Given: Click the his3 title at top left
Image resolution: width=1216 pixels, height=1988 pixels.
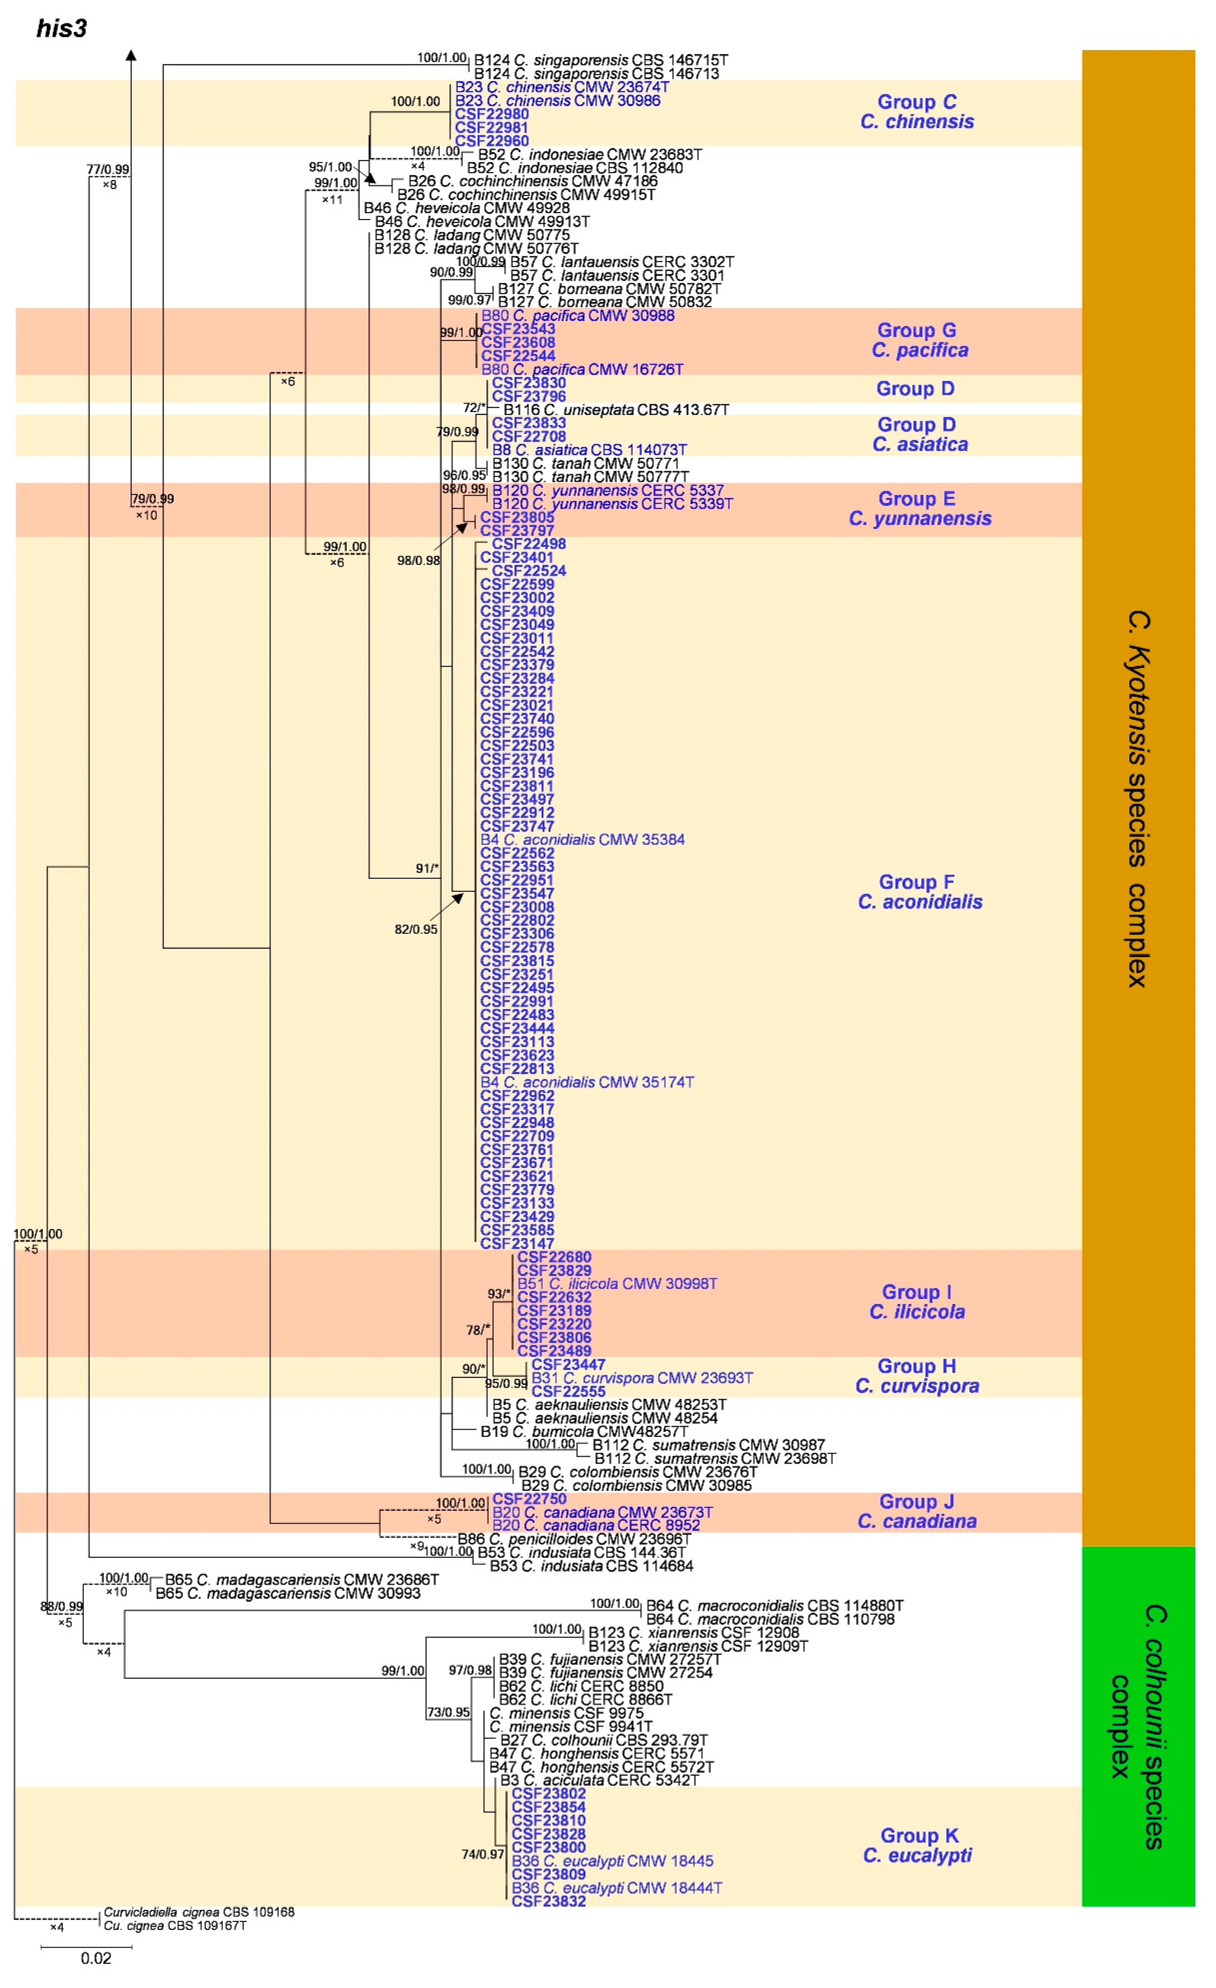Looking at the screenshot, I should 61,29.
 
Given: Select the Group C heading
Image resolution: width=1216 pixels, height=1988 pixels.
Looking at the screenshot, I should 917,103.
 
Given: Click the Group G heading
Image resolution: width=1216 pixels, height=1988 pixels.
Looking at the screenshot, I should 917,331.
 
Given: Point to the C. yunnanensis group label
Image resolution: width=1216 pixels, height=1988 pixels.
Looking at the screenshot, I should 920,519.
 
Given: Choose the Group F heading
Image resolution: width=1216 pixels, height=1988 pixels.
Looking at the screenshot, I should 917,883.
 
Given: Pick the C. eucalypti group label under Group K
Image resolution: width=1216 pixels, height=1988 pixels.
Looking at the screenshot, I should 917,1856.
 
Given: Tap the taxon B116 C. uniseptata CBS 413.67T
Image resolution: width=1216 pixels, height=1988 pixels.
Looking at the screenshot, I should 616,410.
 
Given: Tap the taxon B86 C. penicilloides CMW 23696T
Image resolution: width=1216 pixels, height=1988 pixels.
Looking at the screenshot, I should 574,1540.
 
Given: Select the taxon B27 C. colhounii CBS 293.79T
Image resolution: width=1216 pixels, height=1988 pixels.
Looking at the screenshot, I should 604,1740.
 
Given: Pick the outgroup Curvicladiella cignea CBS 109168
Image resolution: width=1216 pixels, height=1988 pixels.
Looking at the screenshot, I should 199,1912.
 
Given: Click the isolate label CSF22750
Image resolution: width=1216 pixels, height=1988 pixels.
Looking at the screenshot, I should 529,1499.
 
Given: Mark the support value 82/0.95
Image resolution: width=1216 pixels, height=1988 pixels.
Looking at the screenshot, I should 416,929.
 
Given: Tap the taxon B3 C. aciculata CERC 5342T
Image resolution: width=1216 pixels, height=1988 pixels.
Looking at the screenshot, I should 599,1780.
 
